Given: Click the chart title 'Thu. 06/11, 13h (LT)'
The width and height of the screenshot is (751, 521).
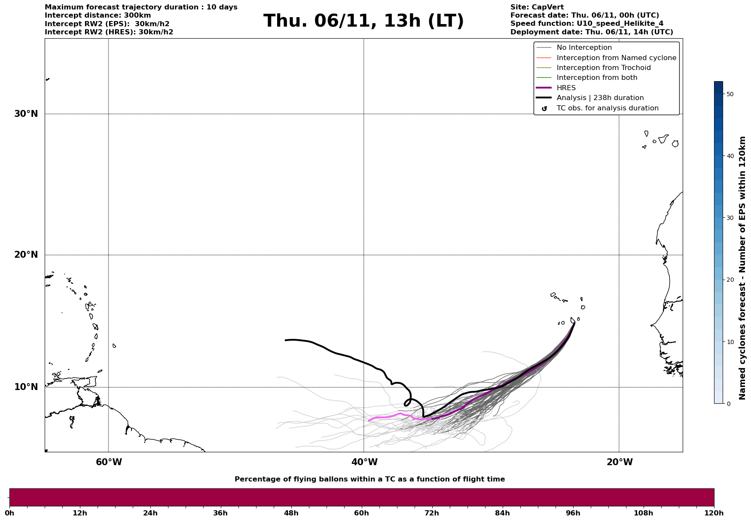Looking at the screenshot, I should point(363,21).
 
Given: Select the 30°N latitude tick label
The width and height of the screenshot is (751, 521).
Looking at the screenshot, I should point(26,114).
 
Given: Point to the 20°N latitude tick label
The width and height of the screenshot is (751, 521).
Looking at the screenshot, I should point(26,255).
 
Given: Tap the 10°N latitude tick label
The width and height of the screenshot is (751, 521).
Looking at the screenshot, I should point(26,387).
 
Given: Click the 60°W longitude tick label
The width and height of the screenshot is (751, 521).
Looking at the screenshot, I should point(109,462).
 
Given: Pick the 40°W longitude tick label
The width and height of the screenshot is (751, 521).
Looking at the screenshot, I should point(364,462).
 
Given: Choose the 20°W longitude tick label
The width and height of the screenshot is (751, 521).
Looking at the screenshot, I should point(620,462).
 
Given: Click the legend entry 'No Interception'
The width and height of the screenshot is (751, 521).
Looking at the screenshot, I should point(584,48).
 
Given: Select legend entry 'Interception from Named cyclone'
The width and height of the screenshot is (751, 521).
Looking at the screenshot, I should point(616,58).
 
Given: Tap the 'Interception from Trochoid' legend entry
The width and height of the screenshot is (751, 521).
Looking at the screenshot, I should point(603,68).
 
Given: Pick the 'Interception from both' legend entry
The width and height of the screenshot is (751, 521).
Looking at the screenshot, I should point(597,78).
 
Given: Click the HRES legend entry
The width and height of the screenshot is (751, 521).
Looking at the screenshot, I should point(566,88).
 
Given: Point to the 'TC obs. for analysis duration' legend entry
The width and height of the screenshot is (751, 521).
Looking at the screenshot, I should point(607,108).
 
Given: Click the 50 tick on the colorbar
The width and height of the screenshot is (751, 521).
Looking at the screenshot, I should point(729,94).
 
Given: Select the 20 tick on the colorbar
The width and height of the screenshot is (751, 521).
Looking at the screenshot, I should point(729,280).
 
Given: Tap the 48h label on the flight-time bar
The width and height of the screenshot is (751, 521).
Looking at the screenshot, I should point(291,513).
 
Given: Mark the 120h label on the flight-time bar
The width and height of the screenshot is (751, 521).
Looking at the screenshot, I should point(714,513).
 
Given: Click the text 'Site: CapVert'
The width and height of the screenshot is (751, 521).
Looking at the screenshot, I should point(537,7).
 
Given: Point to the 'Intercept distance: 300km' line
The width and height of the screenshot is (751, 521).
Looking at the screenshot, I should point(98,15).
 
